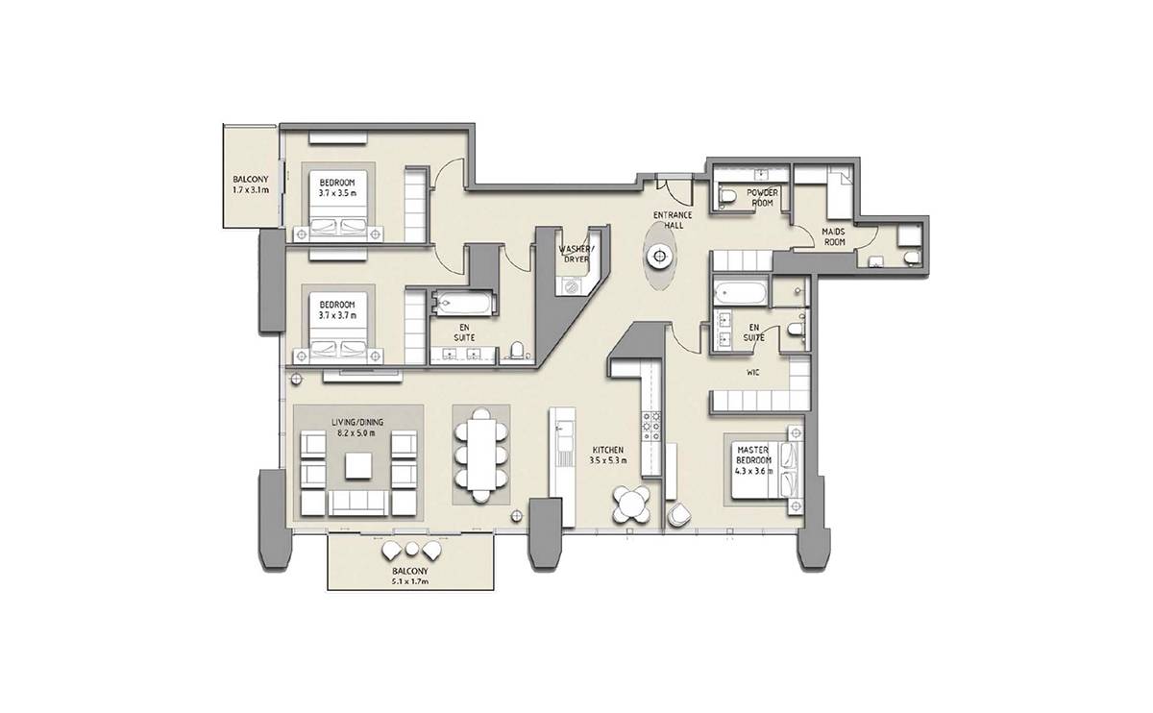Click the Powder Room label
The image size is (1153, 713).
pyautogui.click(x=762, y=197)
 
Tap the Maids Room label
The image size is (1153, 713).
pyautogui.click(x=833, y=236)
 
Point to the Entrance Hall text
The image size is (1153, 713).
pyautogui.click(x=673, y=220)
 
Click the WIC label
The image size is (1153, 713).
pyautogui.click(x=755, y=372)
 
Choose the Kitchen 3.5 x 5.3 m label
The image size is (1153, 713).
pyautogui.click(x=608, y=455)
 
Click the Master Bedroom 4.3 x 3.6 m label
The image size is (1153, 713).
pyautogui.click(x=753, y=459)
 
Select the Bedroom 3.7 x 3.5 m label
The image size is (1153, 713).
pyautogui.click(x=337, y=188)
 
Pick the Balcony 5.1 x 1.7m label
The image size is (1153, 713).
pyautogui.click(x=410, y=577)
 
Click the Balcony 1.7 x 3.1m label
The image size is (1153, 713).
pyautogui.click(x=251, y=184)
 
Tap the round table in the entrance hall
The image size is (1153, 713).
pyautogui.click(x=659, y=257)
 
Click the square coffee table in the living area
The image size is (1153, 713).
pyautogui.click(x=358, y=466)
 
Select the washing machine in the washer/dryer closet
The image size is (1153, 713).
pyautogui.click(x=570, y=286)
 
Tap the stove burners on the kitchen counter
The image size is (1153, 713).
pyautogui.click(x=651, y=427)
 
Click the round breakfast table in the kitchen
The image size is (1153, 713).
pyautogui.click(x=631, y=504)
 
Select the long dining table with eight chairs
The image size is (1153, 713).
pyautogui.click(x=481, y=455)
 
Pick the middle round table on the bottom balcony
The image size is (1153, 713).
pyautogui.click(x=411, y=550)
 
